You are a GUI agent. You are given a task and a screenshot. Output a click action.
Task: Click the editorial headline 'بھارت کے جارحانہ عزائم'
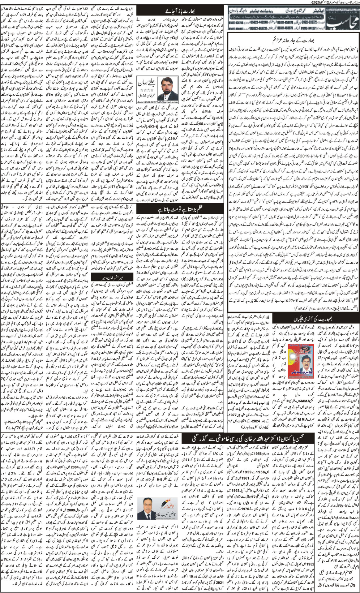tap(293, 36)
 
